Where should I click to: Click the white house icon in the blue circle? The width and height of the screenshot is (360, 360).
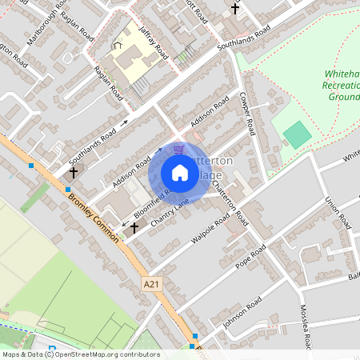pos(180,172)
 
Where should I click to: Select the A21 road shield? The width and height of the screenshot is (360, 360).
pos(150,283)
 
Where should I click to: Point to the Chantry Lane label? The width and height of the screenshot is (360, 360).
pos(168,214)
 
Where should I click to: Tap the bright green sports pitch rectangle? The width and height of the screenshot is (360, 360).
pos(297,134)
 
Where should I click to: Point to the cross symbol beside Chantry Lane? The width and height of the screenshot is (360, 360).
pos(134,228)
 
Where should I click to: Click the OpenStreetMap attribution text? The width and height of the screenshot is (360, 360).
pos(80,354)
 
